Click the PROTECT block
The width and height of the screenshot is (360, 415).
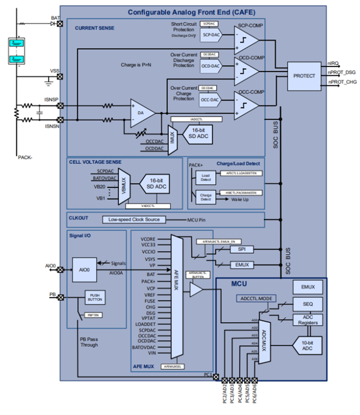[304, 76]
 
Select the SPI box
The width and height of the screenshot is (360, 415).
[242, 250]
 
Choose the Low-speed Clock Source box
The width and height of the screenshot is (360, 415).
[134, 219]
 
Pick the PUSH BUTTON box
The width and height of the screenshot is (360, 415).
[95, 298]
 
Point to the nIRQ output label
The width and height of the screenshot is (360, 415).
[334, 63]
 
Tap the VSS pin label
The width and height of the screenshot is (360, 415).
[54, 71]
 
